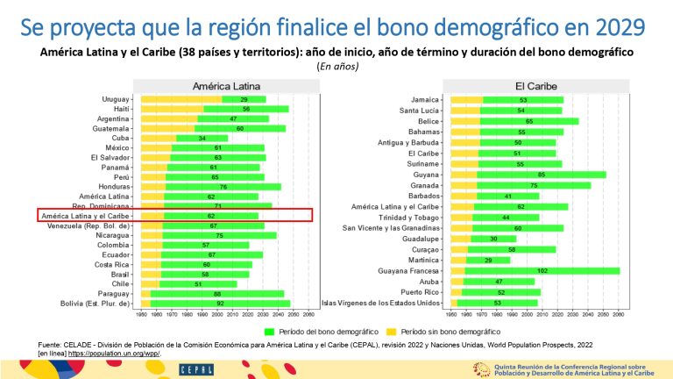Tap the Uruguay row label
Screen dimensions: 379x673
119,99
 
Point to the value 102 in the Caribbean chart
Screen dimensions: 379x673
542,271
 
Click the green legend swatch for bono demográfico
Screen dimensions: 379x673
270,331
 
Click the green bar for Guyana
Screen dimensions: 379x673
541,175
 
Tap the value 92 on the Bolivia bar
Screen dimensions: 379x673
220,303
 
